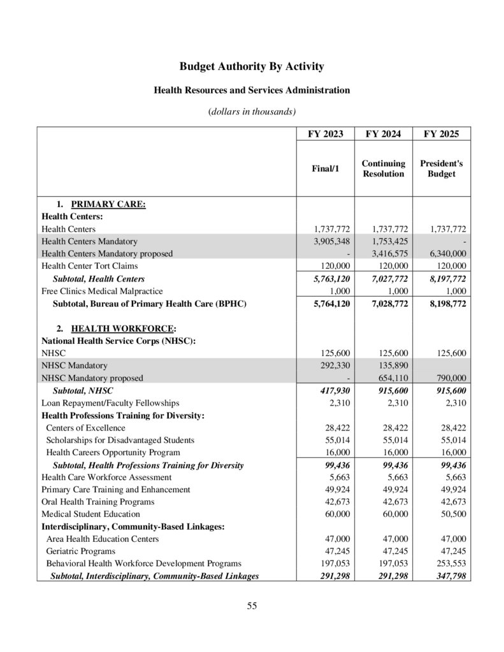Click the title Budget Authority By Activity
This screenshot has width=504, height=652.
(x=252, y=66)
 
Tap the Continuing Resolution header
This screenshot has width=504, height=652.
(x=383, y=169)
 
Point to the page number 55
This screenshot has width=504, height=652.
(x=252, y=606)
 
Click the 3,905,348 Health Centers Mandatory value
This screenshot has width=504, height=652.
(x=332, y=241)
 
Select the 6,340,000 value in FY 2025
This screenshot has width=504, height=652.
(x=447, y=253)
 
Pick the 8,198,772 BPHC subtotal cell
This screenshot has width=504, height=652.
(x=447, y=304)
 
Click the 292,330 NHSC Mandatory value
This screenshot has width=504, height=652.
(x=335, y=365)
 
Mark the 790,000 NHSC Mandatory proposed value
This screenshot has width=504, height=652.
(x=450, y=378)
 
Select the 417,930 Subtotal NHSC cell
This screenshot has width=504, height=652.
(x=335, y=390)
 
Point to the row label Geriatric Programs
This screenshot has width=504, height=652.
(x=81, y=551)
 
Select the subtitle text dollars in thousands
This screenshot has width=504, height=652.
(x=252, y=111)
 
